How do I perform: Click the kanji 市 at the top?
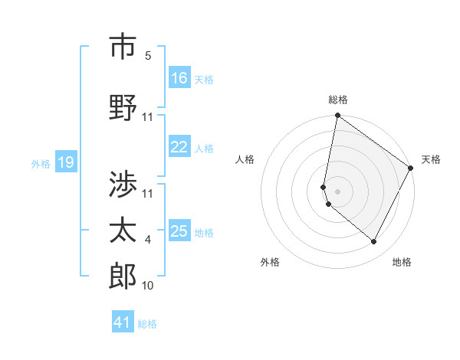pos(123,48)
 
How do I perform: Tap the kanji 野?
pos(123,107)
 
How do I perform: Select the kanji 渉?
pos(123,184)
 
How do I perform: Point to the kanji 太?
pos(123,229)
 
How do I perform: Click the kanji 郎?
pos(123,275)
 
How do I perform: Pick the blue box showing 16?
pos(179,78)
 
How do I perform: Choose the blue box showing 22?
pos(179,147)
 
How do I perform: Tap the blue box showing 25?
pos(179,231)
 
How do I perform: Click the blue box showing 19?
pos(65,162)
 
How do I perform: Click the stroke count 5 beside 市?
pos(148,56)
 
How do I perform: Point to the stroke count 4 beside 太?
pos(148,240)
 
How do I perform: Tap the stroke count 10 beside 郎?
pos(148,286)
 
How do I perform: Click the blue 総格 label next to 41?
pos(147,324)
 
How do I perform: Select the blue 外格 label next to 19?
pos(41,163)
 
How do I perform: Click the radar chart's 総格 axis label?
pos(338,100)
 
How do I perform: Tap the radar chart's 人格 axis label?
pos(245,159)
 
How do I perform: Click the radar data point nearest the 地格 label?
pos(374,242)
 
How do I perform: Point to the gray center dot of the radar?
pos(338,191)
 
